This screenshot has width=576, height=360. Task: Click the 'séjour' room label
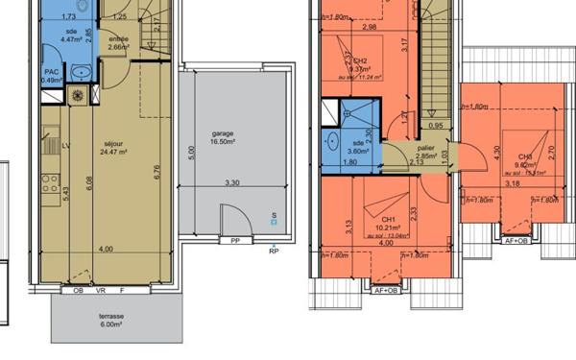tap(112, 143)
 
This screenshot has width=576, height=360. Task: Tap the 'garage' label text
tap(223, 133)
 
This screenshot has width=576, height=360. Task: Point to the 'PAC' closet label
tap(51, 72)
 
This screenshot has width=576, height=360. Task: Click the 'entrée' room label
tap(119, 38)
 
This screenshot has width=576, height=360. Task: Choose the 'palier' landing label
tap(425, 148)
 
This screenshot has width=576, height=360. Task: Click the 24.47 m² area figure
tap(112, 152)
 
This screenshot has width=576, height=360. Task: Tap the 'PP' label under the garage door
tap(234, 241)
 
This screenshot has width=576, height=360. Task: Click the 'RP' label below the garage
tap(274, 252)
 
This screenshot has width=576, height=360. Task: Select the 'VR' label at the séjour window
tap(100, 290)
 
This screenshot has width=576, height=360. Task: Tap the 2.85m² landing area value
tap(425, 156)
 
